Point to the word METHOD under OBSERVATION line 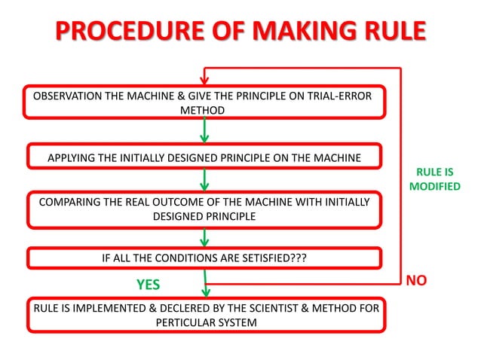(202, 110)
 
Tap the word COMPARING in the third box (63, 202)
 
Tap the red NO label (416, 281)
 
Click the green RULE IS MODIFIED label (434, 179)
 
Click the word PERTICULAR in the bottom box (188, 322)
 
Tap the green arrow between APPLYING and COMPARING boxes (204, 179)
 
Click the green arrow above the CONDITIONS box (204, 237)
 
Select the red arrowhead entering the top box (204, 77)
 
